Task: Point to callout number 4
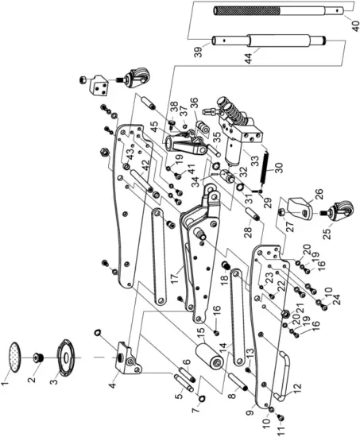click(x=110, y=385)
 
